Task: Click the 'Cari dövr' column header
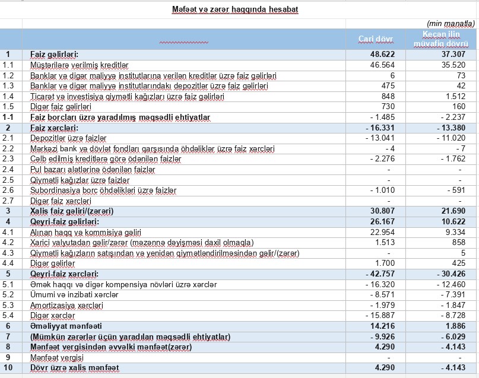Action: (376, 39)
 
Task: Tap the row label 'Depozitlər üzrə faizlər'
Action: (68, 138)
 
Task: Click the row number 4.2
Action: (8, 243)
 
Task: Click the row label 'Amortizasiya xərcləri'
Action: (66, 306)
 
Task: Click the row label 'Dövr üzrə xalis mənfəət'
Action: (74, 369)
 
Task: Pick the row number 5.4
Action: (8, 316)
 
